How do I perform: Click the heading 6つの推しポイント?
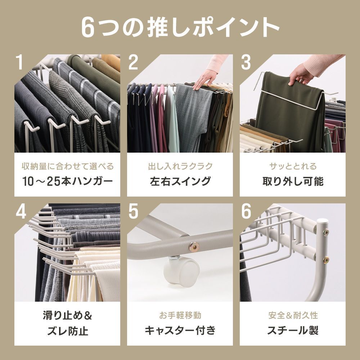pyautogui.click(x=180, y=27)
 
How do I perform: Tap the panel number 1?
pyautogui.click(x=20, y=62)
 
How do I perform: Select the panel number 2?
pyautogui.click(x=133, y=62)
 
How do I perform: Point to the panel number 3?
pyautogui.click(x=246, y=62)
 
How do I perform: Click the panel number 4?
pyautogui.click(x=21, y=211)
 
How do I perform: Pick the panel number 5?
pyautogui.click(x=133, y=211)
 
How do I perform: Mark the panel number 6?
pyautogui.click(x=246, y=211)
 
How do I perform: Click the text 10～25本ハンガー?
pyautogui.click(x=68, y=181)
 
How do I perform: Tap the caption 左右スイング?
pyautogui.click(x=180, y=181)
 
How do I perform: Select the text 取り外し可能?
pyautogui.click(x=293, y=181)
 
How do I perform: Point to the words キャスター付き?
pyautogui.click(x=180, y=330)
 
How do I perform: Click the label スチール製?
pyautogui.click(x=293, y=330)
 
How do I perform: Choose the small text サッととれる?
pyautogui.click(x=293, y=166)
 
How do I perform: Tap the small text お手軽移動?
pyautogui.click(x=180, y=315)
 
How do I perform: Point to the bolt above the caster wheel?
pyautogui.click(x=194, y=247)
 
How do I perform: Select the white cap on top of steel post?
pyautogui.click(x=322, y=221)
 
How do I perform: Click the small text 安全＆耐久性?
pyautogui.click(x=293, y=315)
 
